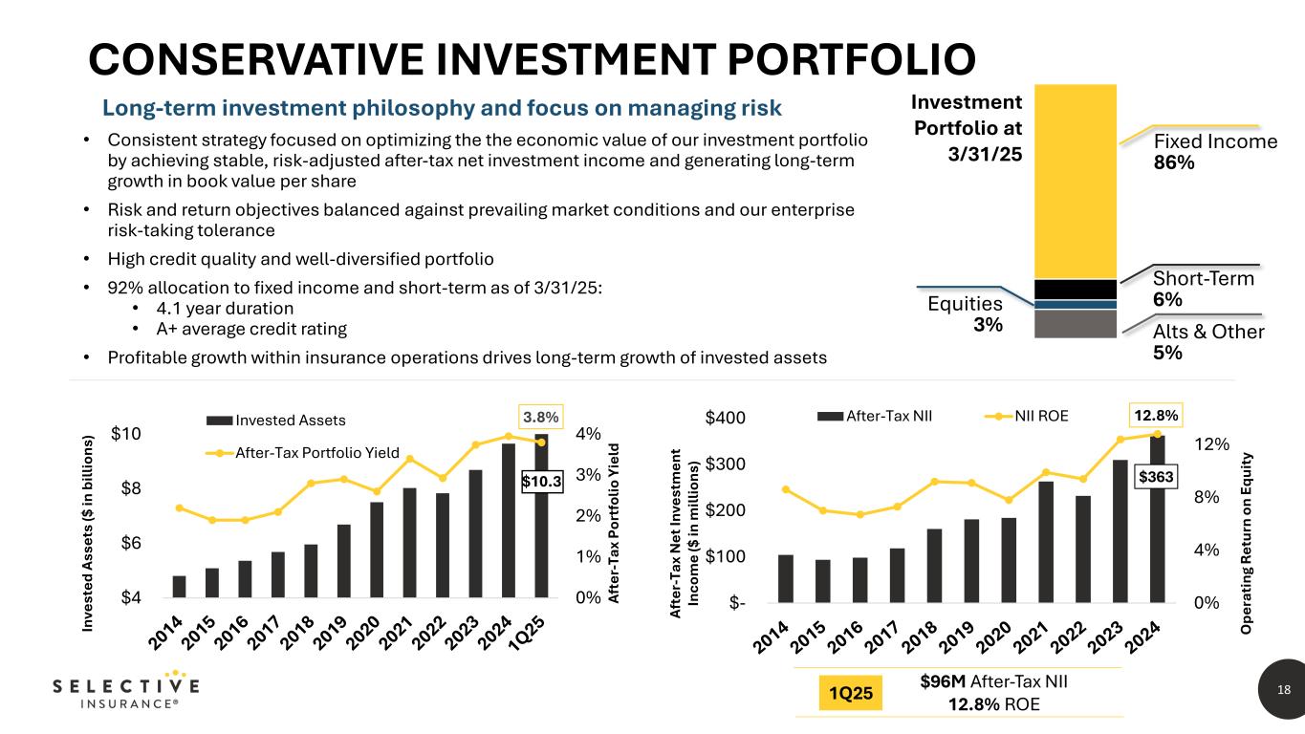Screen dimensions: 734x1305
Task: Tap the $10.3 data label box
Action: tap(541, 483)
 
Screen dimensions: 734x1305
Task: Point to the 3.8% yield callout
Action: tap(541, 418)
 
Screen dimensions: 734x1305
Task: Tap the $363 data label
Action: tap(1159, 475)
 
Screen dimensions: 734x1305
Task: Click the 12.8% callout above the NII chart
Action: tap(1158, 417)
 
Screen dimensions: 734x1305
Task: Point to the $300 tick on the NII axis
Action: tap(728, 464)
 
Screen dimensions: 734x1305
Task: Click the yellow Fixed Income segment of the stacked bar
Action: tap(1077, 182)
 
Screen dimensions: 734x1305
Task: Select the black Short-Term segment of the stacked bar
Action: tap(1077, 289)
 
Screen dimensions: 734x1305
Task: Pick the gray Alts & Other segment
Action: tap(1077, 324)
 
